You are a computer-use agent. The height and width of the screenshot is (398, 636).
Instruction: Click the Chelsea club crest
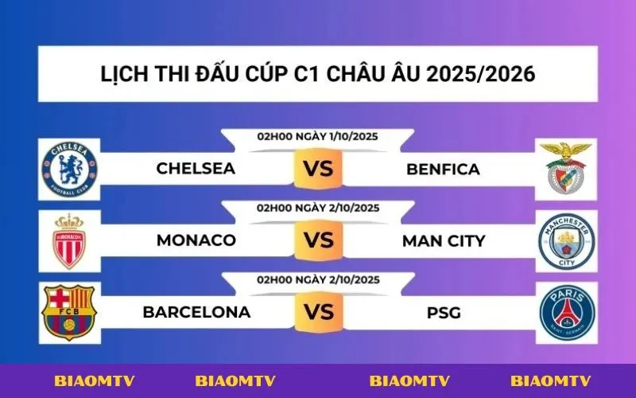[x=70, y=169]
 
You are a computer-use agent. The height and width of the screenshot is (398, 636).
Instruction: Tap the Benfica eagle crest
[x=565, y=169]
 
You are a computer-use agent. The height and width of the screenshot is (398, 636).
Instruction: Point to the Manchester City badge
[x=566, y=240]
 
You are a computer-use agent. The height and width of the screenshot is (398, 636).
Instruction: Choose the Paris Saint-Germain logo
[x=566, y=312]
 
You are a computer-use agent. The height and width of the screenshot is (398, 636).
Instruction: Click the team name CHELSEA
[x=196, y=169]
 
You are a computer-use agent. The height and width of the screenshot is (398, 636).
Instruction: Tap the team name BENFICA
[x=443, y=169]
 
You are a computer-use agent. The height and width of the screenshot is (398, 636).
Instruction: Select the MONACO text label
[x=196, y=240]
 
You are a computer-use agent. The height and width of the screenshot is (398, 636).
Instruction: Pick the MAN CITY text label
[x=443, y=240]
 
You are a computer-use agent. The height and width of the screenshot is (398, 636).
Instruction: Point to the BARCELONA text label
[x=196, y=312]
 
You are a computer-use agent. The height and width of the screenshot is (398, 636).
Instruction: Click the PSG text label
[x=443, y=312]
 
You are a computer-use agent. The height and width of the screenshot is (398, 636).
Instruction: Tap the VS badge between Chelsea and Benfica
[x=318, y=170]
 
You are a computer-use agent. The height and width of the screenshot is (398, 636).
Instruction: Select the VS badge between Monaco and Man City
[x=318, y=240]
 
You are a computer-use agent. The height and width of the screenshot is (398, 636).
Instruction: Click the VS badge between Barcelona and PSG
[x=318, y=312]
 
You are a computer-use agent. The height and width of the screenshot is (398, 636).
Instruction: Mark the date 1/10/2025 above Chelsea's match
[x=351, y=136]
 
